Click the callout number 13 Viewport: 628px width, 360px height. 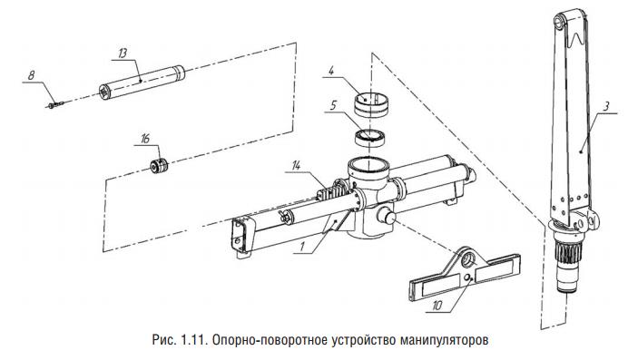123,54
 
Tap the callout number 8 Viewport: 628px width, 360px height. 32,75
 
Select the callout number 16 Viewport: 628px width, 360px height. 145,139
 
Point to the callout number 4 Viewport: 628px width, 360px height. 331,72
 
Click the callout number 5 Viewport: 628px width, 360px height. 334,105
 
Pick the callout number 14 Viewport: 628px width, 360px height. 296,166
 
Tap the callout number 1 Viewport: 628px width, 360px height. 302,247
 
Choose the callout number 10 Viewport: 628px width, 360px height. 437,306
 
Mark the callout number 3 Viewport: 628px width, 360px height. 606,107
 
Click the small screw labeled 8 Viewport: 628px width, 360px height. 55,105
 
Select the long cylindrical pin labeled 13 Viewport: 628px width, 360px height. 142,83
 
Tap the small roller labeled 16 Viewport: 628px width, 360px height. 159,166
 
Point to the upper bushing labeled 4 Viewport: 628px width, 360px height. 371,105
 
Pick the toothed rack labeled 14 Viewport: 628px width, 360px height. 332,190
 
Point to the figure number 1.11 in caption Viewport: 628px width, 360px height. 193,340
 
